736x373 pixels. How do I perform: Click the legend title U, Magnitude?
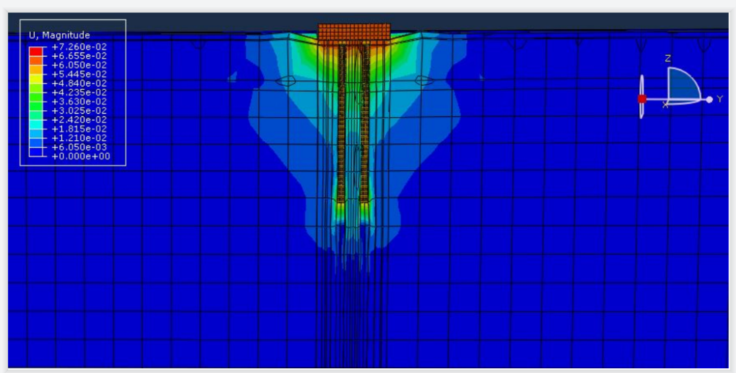pos(59,35)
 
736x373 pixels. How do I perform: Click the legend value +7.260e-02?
pos(79,47)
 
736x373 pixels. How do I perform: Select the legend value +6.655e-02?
pos(79,56)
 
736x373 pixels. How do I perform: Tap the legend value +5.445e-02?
pos(79,74)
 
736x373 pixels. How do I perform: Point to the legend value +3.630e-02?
pos(79,101)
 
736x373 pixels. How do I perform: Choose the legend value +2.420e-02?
pos(79,120)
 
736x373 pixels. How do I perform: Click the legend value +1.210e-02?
pos(79,137)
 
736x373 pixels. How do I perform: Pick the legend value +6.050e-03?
pos(79,147)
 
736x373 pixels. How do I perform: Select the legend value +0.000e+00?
pos(80,156)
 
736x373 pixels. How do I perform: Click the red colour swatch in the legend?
pos(35,51)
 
